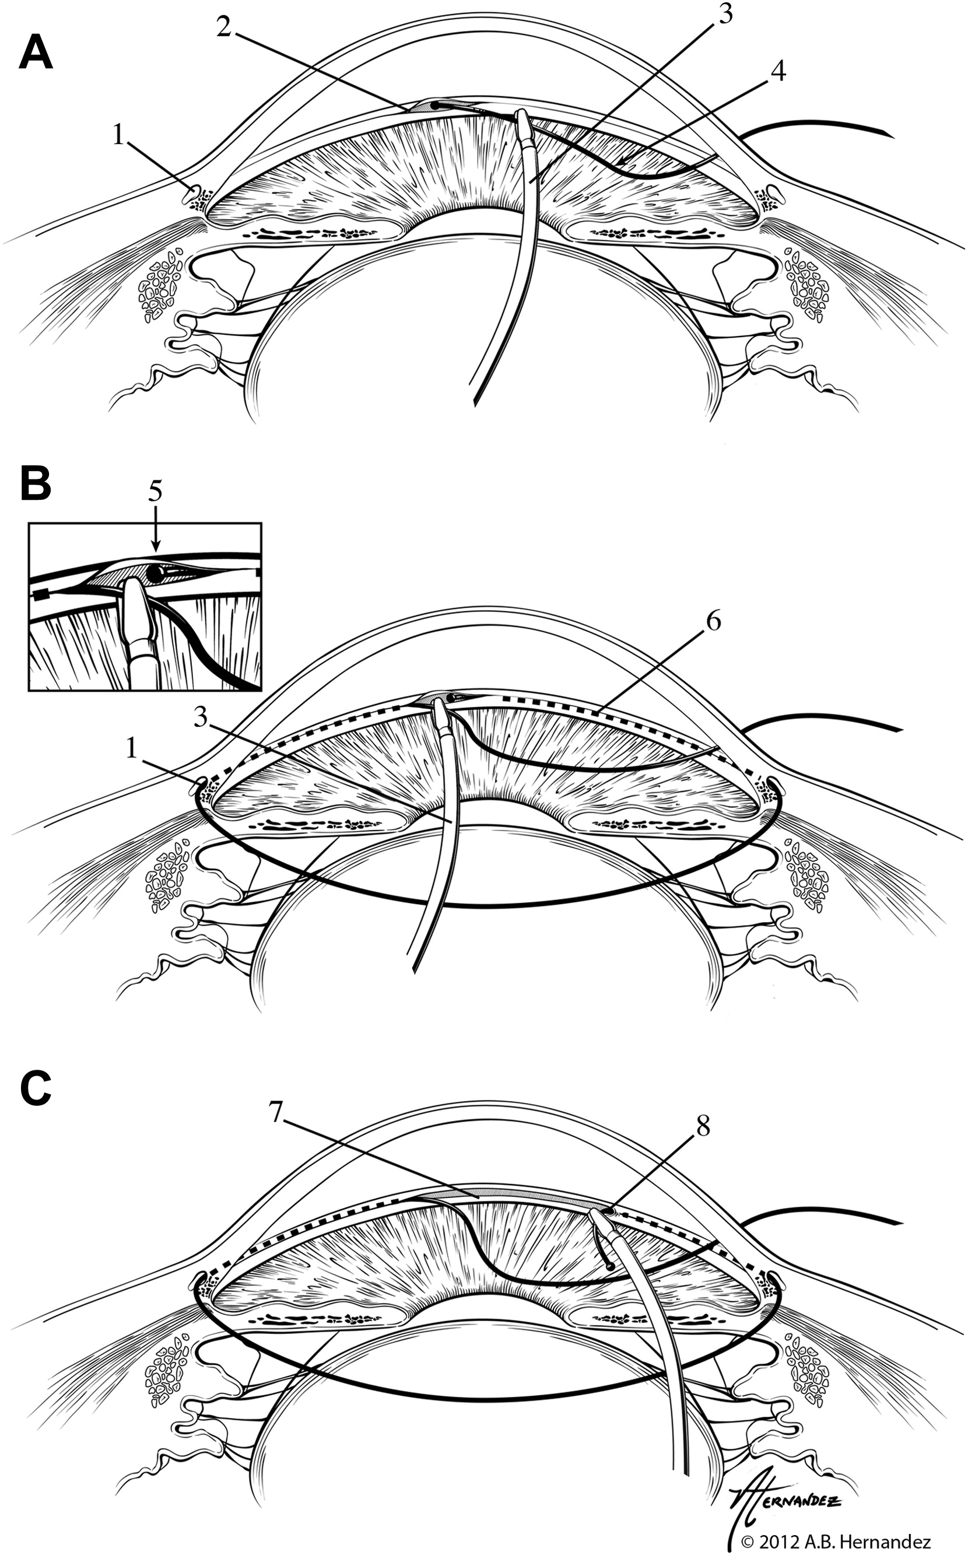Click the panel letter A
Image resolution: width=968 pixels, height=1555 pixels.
coord(36,52)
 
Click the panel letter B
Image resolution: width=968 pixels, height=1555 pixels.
coord(36,483)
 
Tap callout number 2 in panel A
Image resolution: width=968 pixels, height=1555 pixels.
coord(223,27)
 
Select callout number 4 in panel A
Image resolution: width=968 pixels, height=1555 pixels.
coord(777,71)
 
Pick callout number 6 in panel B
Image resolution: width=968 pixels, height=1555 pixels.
coord(714,621)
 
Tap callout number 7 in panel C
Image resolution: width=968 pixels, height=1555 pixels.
coord(275,1113)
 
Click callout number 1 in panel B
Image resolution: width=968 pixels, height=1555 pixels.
coord(132,748)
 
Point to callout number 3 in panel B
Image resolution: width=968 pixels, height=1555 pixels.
coord(201,717)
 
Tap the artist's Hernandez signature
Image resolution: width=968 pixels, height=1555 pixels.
coord(784,1485)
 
